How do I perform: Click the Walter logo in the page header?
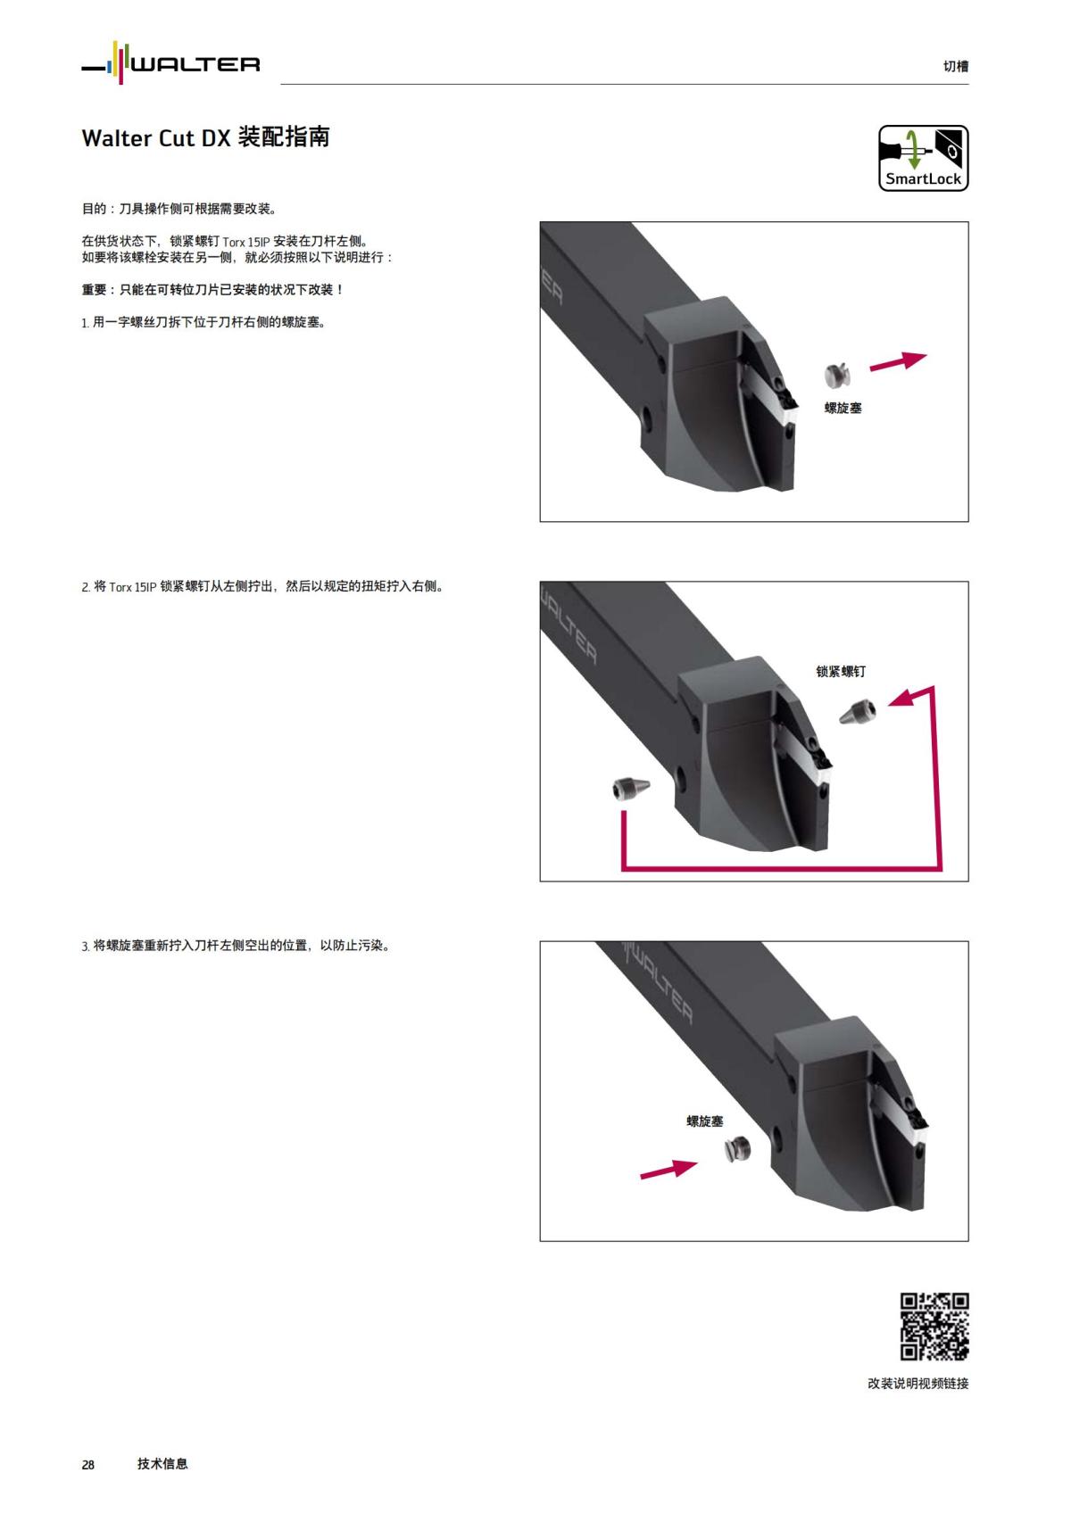coord(170,64)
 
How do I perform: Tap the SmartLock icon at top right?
coord(923,158)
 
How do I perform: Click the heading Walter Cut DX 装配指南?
coord(206,137)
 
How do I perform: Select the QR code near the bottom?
coord(934,1326)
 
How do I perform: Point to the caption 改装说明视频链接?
coord(917,1384)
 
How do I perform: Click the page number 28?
coord(88,1464)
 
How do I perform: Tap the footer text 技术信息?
coord(162,1463)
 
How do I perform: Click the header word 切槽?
coord(955,66)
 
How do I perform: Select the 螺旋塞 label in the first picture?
coord(843,408)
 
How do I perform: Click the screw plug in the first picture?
coord(837,376)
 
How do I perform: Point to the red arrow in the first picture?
coord(898,362)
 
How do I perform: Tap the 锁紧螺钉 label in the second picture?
coord(841,672)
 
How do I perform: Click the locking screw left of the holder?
coord(632,788)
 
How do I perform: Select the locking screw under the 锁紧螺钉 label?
coord(858,711)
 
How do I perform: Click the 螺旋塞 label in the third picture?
coord(705,1121)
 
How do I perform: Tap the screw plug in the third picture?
coord(736,1151)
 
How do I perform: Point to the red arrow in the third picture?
coord(668,1168)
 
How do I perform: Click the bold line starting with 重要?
coord(212,290)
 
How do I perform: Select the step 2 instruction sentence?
coord(262,587)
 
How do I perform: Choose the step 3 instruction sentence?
coord(236,946)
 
